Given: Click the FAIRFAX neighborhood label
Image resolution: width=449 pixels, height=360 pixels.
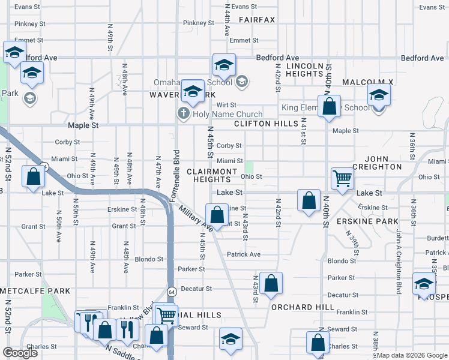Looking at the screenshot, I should (256, 20).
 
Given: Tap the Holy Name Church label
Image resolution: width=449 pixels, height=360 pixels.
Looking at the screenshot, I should (228, 114).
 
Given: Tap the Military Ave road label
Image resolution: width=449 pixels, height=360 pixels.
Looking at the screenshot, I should (196, 220).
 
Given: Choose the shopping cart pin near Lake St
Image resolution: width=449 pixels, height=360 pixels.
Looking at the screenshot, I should (342, 178).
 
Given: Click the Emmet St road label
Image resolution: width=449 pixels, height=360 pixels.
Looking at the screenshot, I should (244, 40).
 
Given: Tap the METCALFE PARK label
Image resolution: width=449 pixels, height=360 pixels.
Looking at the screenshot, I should (35, 291).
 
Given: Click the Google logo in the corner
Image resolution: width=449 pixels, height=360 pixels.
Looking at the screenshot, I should (20, 353).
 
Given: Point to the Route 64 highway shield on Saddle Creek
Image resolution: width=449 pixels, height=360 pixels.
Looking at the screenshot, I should (171, 292).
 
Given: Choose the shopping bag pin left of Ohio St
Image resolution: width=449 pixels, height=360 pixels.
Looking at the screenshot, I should (33, 176).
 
